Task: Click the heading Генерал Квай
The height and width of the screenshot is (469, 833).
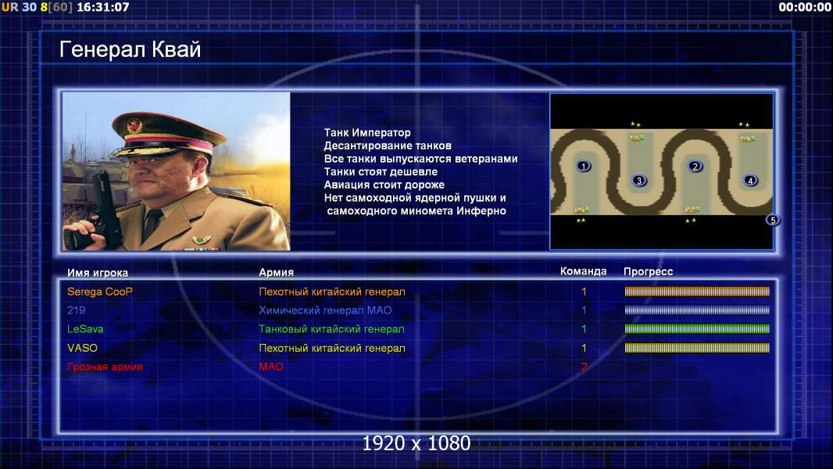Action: pos(130,49)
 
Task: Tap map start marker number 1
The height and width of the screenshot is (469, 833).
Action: pos(583,166)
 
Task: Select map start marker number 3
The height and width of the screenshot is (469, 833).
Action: pos(639,181)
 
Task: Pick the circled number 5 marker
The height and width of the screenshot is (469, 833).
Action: pos(773,220)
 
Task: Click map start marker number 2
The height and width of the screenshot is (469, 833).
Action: pos(695,166)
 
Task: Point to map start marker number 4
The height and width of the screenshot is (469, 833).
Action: pos(750,181)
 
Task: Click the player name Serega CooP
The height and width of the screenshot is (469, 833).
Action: pos(100,292)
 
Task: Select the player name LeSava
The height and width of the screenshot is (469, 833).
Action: pos(85,329)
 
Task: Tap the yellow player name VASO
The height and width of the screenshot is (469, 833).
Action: pos(82,348)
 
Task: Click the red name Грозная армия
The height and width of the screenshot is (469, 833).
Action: pos(105,367)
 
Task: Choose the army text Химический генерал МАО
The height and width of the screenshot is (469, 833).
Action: pos(325,310)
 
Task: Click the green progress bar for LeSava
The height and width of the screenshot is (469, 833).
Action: pos(697,329)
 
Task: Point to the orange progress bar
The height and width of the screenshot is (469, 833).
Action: pos(697,291)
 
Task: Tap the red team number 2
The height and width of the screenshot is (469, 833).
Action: pos(584,367)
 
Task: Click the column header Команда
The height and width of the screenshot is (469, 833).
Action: pos(583,271)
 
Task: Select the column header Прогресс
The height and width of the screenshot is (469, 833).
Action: pos(648,272)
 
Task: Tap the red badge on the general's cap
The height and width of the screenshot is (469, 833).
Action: pos(134,125)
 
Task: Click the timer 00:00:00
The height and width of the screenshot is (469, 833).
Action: pos(804,8)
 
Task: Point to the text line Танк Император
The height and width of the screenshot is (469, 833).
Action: pos(367,133)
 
